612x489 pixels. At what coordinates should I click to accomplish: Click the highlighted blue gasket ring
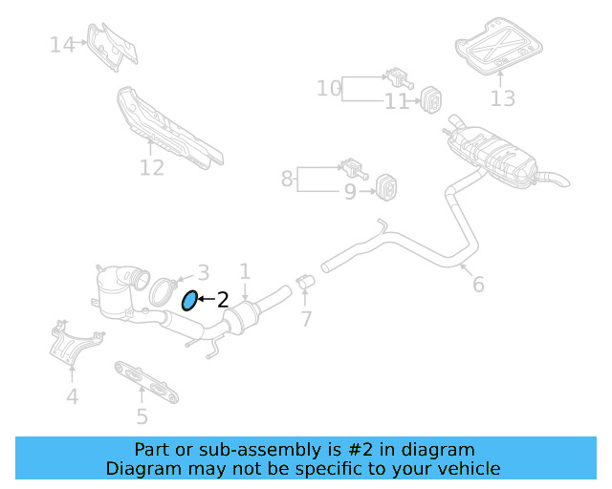point(189,301)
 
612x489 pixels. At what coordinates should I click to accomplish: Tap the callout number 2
point(223,300)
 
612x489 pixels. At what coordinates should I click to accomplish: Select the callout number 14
point(62,44)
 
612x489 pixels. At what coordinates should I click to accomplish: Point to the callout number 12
point(152,168)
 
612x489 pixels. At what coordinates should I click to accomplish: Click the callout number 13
point(503,97)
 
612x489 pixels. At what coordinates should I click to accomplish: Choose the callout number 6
point(478,284)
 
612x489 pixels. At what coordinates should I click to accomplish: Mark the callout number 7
point(306,319)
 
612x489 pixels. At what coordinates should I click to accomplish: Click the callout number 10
point(329,89)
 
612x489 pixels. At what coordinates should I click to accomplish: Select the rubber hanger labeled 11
point(428,97)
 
